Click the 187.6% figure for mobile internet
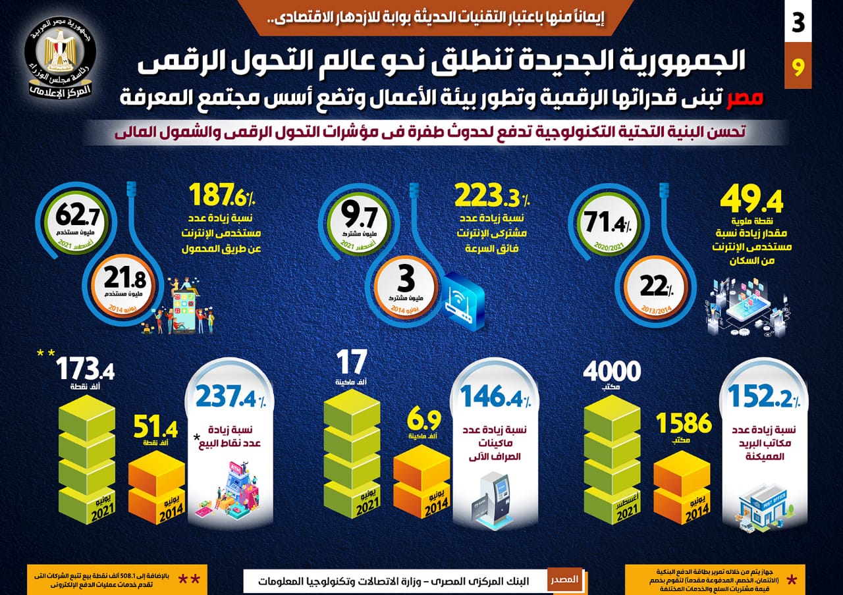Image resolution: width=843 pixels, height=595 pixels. coord(223,196)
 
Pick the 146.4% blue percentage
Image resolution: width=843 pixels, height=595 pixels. coord(496,397)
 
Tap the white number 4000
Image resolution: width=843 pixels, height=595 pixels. coord(612,373)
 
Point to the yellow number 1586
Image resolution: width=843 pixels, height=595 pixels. coord(683,423)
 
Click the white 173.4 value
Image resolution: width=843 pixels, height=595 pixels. coord(85,370)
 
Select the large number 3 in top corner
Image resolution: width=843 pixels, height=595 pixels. coord(798,23)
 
